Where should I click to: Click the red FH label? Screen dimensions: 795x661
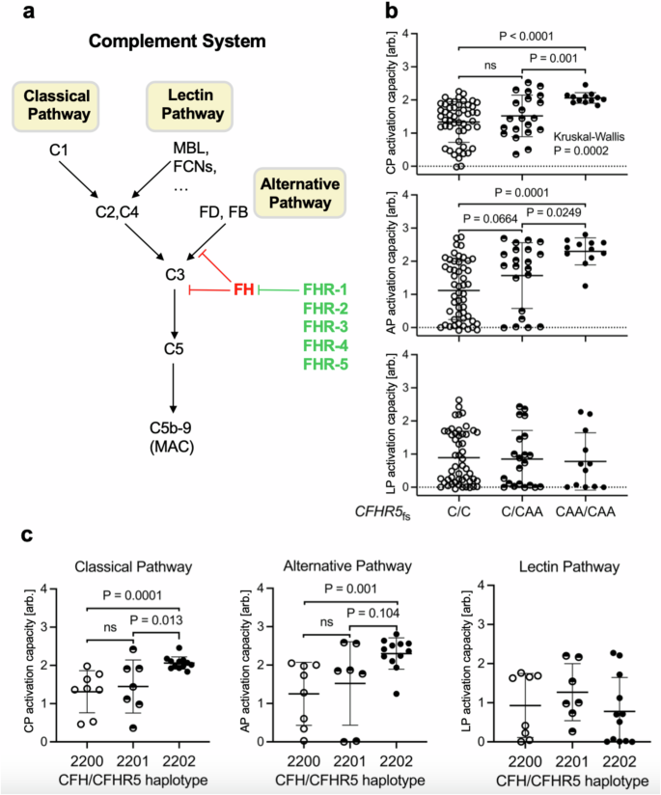pyautogui.click(x=243, y=289)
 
